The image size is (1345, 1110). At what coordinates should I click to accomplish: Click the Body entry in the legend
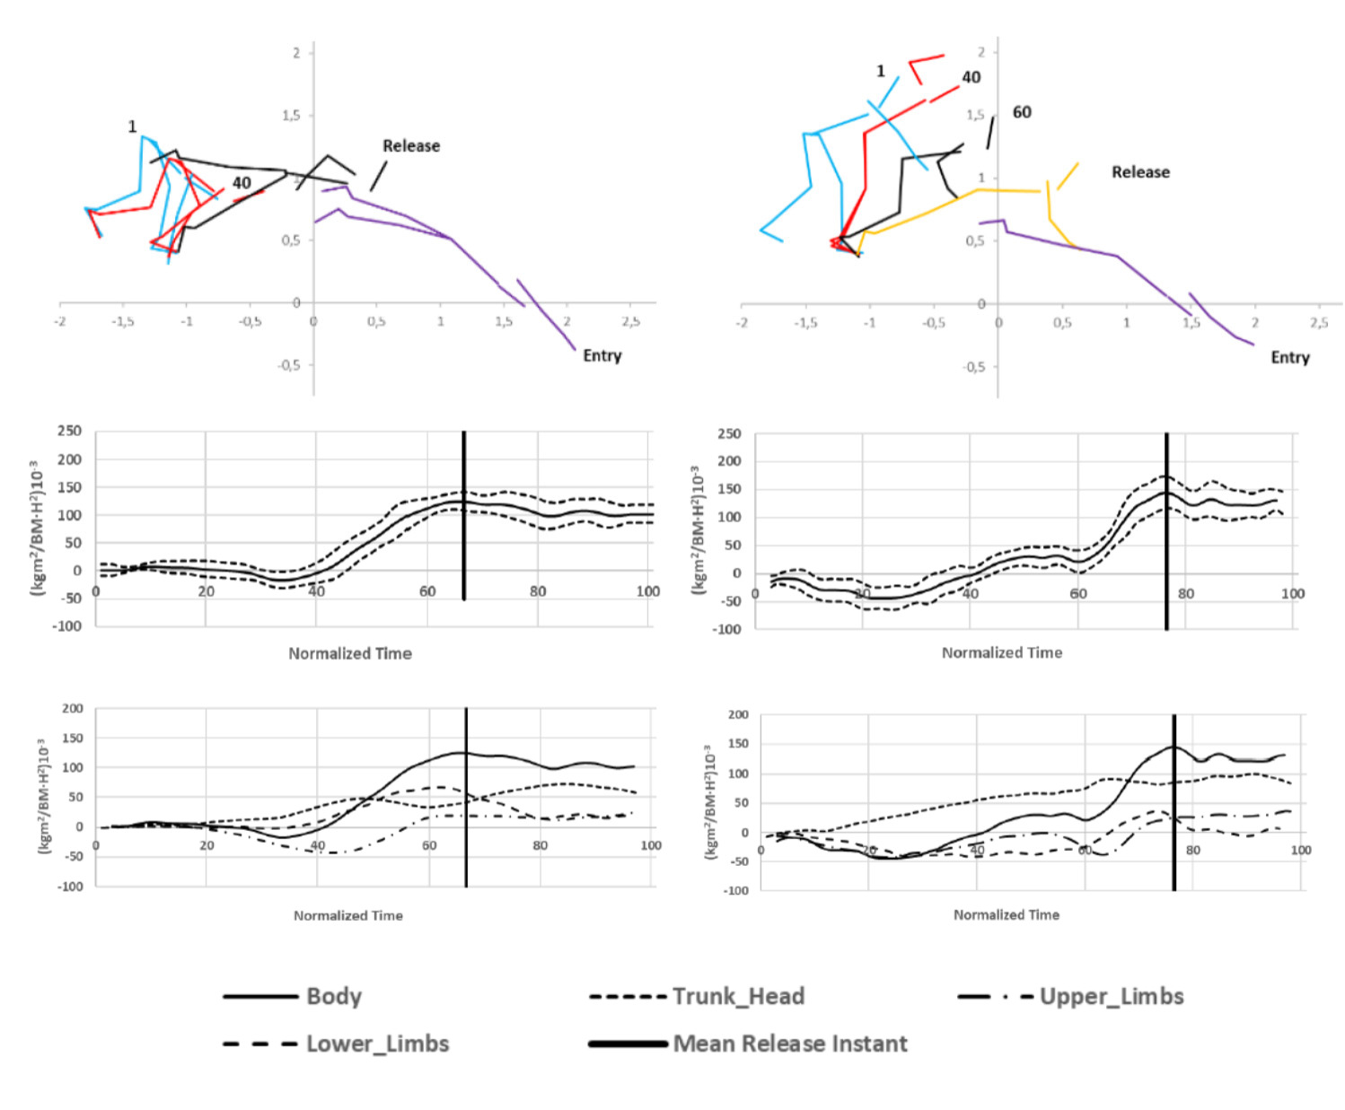point(333,996)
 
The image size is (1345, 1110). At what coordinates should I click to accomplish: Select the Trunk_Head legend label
point(738,996)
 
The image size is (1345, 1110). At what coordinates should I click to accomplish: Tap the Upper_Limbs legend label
point(1111,996)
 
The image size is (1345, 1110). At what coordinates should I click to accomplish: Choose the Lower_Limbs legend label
point(377,1044)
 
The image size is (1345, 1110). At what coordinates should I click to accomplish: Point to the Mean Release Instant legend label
point(790,1044)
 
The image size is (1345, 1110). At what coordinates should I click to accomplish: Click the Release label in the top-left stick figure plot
point(411,145)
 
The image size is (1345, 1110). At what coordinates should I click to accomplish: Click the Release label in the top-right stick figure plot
point(1140,171)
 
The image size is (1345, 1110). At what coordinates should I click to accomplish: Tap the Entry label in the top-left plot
point(602,355)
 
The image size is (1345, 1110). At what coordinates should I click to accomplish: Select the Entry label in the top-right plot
point(1289,357)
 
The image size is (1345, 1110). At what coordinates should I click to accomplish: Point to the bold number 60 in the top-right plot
point(1022,112)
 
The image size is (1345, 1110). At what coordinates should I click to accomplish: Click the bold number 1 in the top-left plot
point(132,127)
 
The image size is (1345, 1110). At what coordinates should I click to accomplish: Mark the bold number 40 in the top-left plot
point(242,183)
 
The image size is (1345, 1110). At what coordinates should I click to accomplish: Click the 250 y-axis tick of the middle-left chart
point(69,432)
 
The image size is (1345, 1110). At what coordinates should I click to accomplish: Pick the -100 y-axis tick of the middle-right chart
point(727,629)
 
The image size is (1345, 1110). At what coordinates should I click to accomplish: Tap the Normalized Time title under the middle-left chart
point(350,653)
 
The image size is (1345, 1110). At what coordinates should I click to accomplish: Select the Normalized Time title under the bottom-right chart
point(1006,914)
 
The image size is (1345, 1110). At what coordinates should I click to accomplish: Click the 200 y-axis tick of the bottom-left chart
point(73,709)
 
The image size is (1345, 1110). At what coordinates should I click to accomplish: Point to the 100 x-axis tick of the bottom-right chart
point(1300,850)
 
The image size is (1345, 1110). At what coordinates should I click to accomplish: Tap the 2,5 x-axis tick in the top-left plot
point(631,321)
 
